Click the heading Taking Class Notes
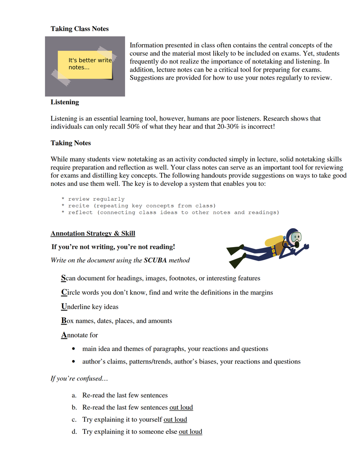pos(80,29)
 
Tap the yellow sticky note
pos(85,64)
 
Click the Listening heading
pos(65,102)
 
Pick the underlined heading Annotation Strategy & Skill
pos(93,234)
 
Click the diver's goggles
pos(296,237)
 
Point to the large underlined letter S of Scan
pos(63,278)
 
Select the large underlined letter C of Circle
pos(63,293)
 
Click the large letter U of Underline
pos(63,307)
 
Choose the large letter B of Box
pos(63,321)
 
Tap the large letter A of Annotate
pos(63,335)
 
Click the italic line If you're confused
pos(79,378)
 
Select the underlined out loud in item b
pos(181,408)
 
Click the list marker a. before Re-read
pos(74,396)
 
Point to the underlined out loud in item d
pos(190,432)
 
